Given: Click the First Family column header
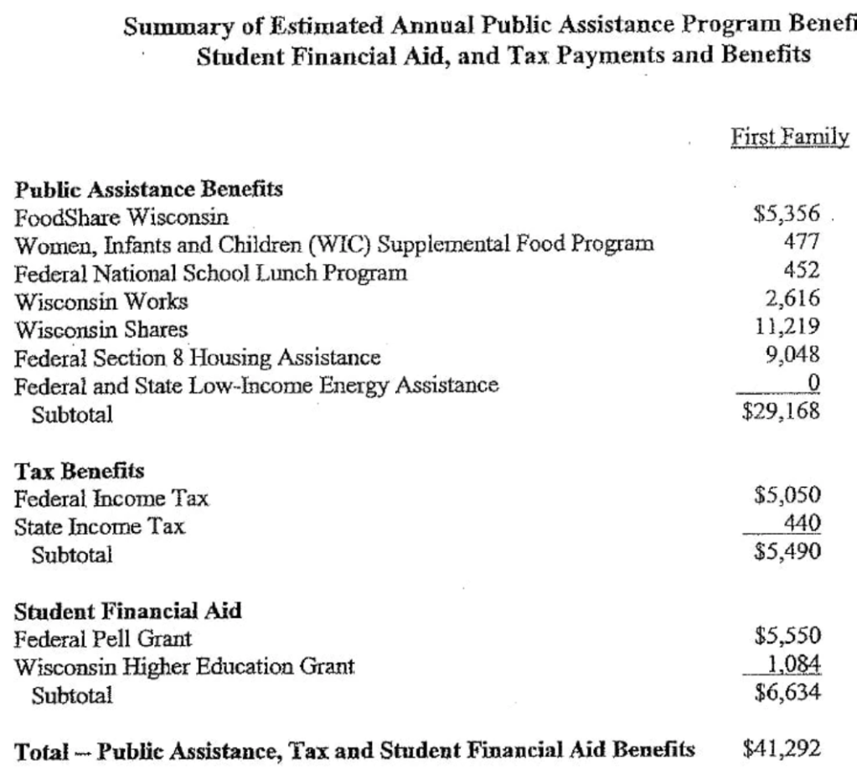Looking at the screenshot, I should [x=779, y=137].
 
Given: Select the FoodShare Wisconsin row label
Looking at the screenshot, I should [x=121, y=217].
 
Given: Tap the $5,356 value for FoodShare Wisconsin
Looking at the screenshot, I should [x=785, y=214].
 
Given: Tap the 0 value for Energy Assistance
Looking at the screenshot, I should [x=811, y=384].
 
